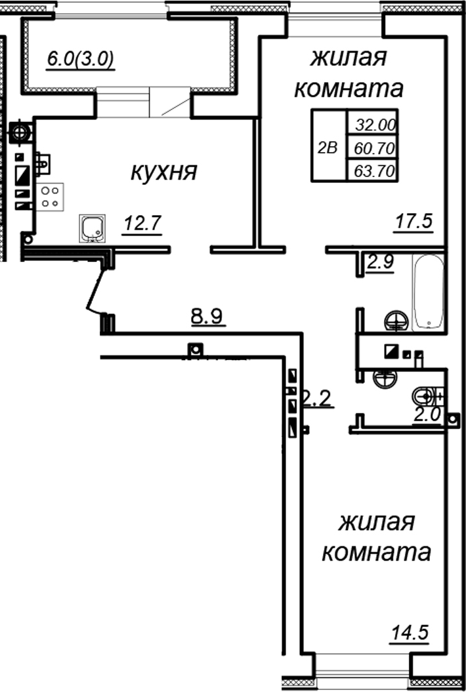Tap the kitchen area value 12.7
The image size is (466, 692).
click(142, 224)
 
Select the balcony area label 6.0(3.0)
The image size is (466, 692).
click(80, 60)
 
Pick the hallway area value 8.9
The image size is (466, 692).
click(207, 317)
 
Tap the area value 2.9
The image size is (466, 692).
click(380, 264)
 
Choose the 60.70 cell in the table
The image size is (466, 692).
click(374, 149)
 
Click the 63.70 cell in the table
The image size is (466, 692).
click(374, 172)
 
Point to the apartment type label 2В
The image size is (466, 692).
click(327, 148)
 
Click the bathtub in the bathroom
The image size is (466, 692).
click(429, 293)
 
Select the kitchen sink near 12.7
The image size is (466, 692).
click(92, 228)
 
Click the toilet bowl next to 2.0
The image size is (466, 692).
click(425, 396)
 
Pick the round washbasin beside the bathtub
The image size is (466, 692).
click(395, 321)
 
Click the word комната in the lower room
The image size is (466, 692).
click(377, 552)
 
